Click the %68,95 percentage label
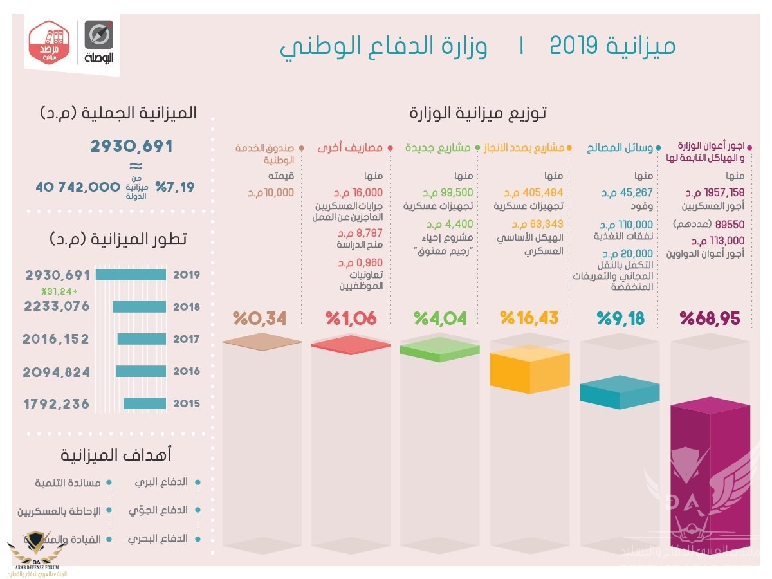710,318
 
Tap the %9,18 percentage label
620,318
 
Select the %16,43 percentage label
529,318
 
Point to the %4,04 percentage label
439,318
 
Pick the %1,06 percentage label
351,318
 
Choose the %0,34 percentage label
259,318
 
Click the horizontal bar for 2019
131,275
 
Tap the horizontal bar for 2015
145,404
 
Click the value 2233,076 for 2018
57,307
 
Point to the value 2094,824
57,372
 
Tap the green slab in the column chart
439,349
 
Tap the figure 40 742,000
78,187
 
